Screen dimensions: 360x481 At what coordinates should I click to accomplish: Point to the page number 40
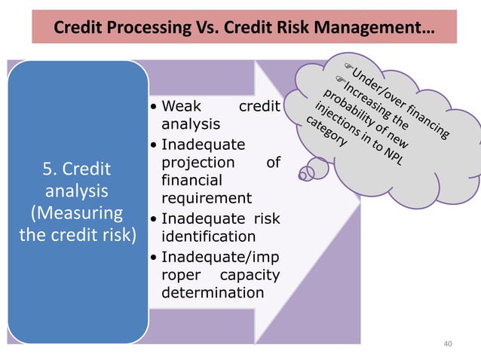[449, 344]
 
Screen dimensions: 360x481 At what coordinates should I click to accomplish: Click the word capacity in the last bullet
[250, 274]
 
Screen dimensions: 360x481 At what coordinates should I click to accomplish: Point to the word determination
[213, 292]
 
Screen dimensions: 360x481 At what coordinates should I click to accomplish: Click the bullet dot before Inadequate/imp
[154, 256]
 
